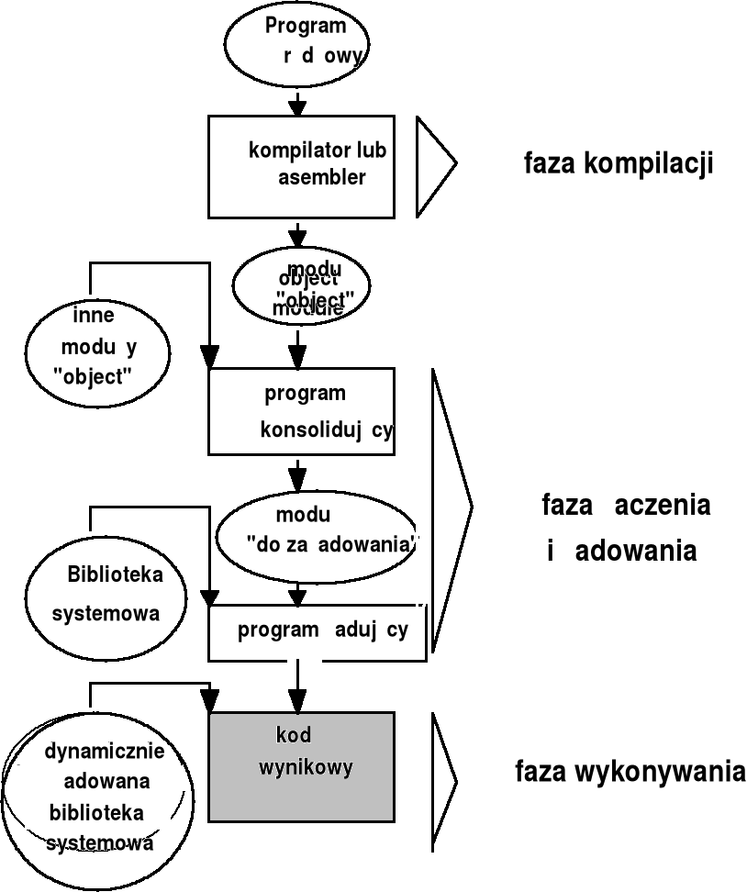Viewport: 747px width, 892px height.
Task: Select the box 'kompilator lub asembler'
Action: point(302,166)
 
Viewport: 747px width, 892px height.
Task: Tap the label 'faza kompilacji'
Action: point(619,164)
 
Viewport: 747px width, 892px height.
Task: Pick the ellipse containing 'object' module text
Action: point(302,287)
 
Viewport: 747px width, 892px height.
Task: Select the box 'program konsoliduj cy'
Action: point(302,411)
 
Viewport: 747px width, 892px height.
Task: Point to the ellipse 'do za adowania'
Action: point(316,536)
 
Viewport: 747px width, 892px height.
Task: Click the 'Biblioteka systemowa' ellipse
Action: point(106,594)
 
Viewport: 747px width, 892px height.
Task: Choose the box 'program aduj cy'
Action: point(318,632)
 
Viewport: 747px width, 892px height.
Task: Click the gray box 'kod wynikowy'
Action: point(302,766)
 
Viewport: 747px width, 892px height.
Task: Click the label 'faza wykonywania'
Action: point(630,772)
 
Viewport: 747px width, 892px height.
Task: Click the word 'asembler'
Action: point(322,177)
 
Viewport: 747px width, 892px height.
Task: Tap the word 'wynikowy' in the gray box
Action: point(305,767)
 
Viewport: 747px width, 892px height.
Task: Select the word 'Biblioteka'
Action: point(115,575)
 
